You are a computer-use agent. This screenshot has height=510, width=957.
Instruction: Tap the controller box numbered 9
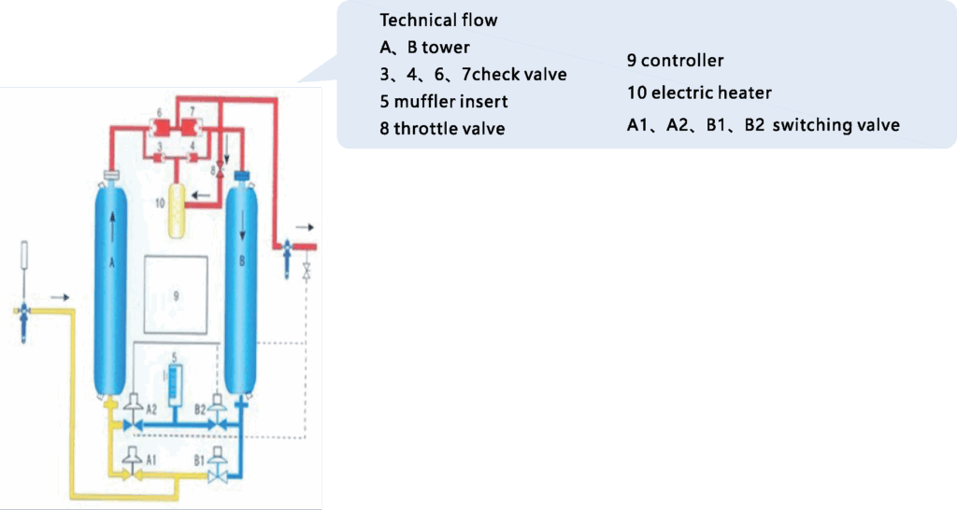pyautogui.click(x=176, y=295)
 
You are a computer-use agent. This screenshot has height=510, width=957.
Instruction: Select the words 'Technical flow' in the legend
pyautogui.click(x=438, y=21)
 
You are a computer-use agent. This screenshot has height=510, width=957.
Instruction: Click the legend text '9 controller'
pyautogui.click(x=675, y=61)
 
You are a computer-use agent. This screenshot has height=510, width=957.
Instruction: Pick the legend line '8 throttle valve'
pyautogui.click(x=442, y=128)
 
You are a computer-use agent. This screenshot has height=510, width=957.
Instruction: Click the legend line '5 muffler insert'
pyautogui.click(x=444, y=101)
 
